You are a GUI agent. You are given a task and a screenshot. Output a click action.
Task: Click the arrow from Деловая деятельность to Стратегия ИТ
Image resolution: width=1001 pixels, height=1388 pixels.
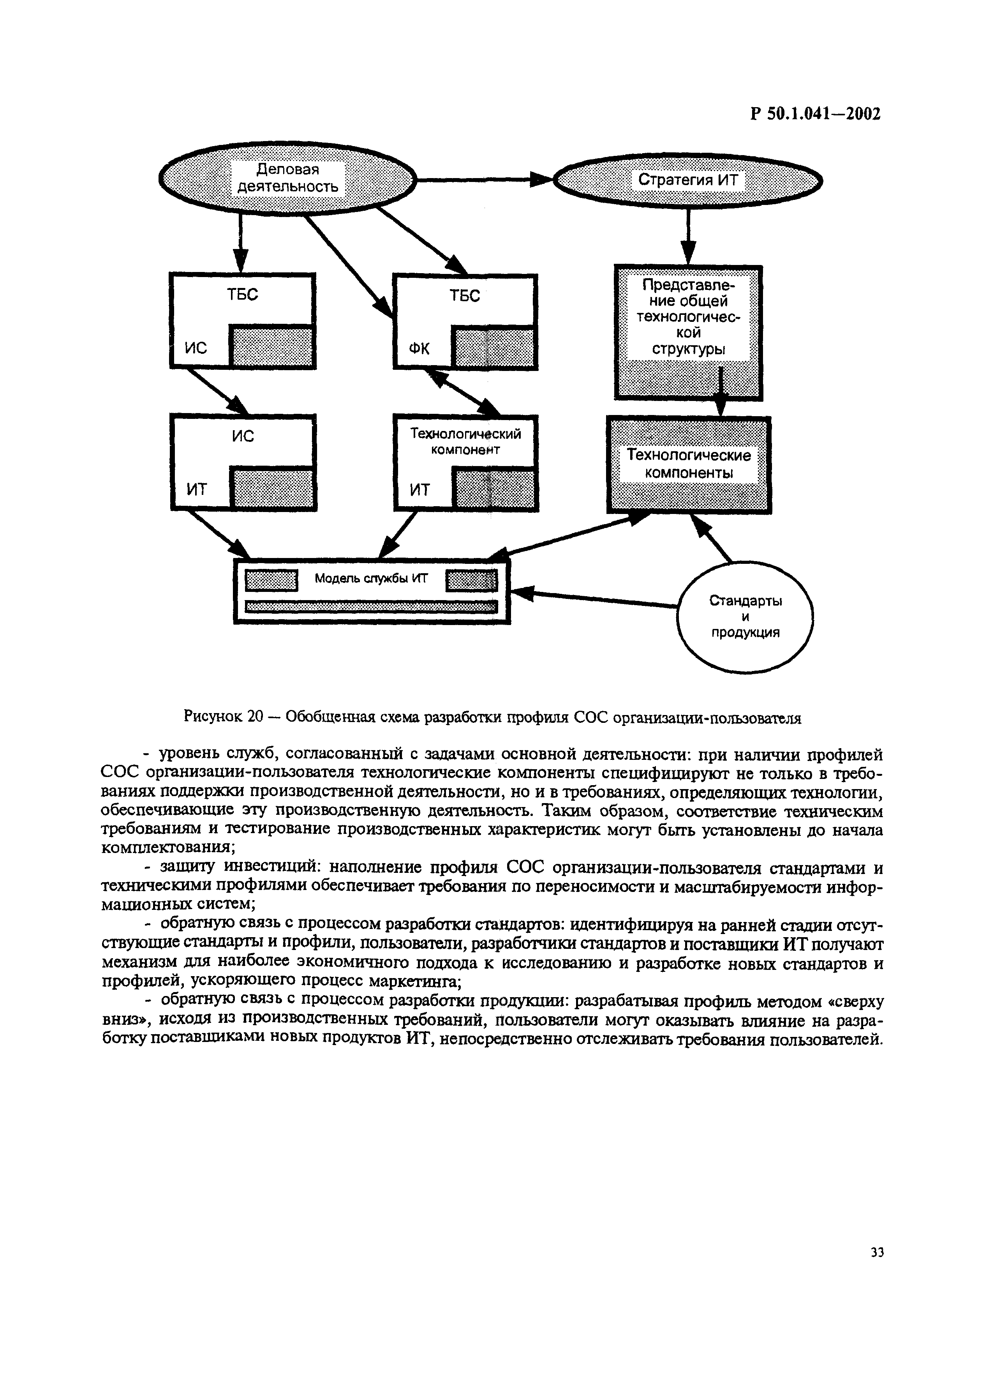(x=483, y=179)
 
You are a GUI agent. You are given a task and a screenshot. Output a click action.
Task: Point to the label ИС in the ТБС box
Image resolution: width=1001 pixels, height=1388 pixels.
(x=196, y=348)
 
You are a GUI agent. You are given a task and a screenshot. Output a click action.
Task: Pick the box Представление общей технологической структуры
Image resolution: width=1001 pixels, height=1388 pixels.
(x=688, y=332)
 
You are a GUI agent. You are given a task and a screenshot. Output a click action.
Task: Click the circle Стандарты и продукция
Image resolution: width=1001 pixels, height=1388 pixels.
(x=745, y=616)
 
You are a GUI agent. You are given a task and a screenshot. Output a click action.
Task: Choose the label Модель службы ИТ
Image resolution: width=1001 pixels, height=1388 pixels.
(x=371, y=578)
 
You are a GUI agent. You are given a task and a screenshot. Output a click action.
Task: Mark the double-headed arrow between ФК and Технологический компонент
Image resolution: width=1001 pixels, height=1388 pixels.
(x=463, y=392)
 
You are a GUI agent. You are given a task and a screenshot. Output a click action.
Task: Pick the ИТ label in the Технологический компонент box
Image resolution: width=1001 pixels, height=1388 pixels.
(x=420, y=489)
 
